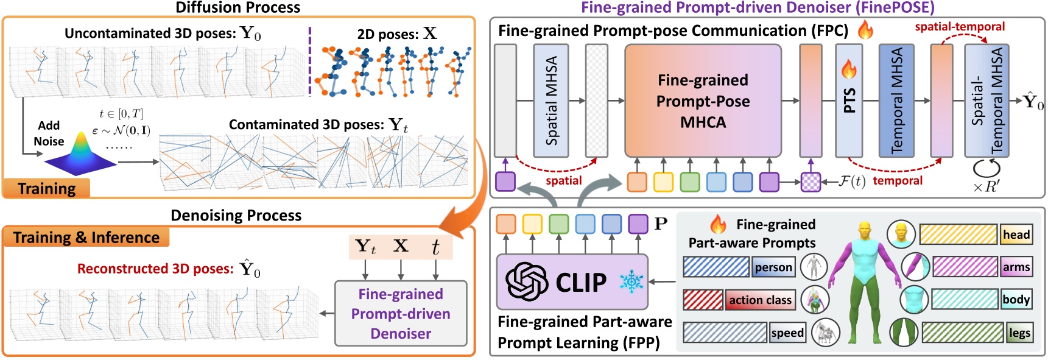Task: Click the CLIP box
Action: click(x=572, y=282)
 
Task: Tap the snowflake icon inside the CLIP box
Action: click(x=631, y=282)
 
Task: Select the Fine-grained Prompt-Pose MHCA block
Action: click(x=703, y=101)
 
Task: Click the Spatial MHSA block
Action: click(x=551, y=101)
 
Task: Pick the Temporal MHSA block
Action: click(x=896, y=101)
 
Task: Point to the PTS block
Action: click(x=849, y=101)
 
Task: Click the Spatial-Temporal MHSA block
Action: click(x=986, y=101)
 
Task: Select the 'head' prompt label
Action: click(x=1016, y=235)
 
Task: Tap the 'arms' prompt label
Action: click(x=1016, y=267)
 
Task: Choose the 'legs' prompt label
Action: click(x=1019, y=333)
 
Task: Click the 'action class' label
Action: click(x=760, y=300)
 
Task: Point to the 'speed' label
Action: click(x=787, y=333)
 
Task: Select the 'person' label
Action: click(x=773, y=267)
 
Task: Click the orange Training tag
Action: click(x=46, y=188)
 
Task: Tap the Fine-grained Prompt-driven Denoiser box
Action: click(x=401, y=314)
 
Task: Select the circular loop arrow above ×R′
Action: click(x=986, y=168)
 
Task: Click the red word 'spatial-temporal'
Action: click(x=960, y=27)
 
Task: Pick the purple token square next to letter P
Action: click(x=638, y=224)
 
